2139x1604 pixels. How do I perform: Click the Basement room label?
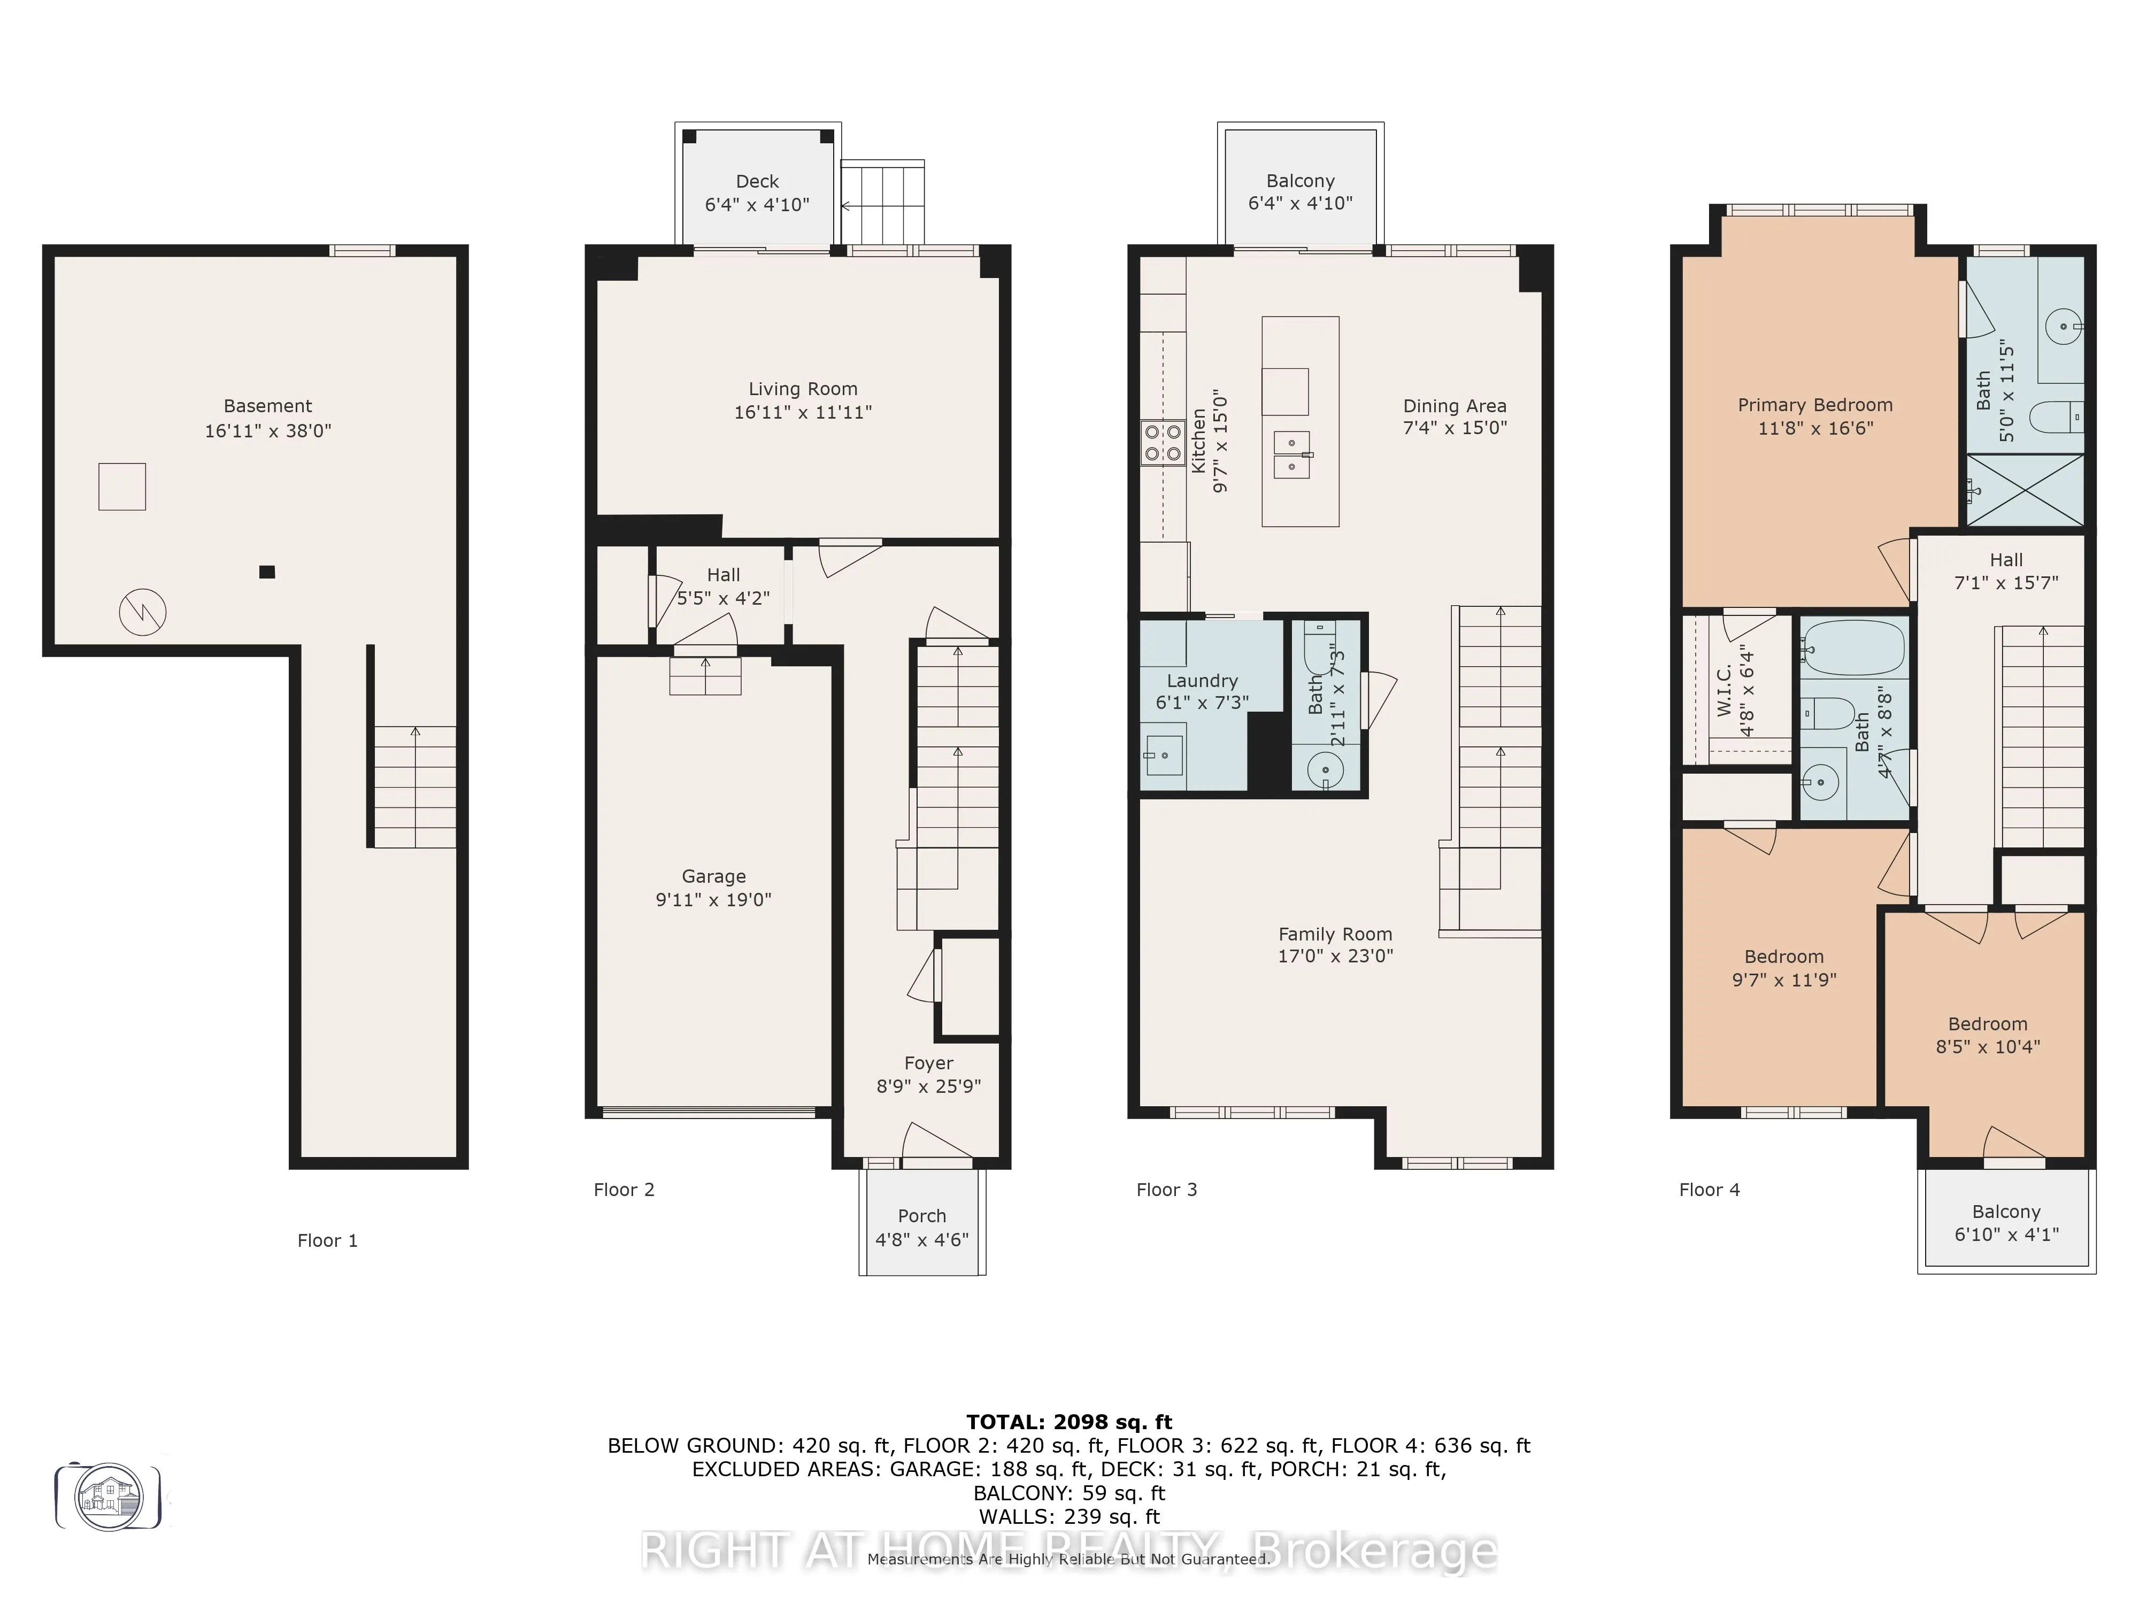point(268,406)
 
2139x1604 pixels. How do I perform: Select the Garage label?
point(714,876)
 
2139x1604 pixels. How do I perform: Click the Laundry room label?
point(1202,681)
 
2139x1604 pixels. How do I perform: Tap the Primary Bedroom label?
point(1815,405)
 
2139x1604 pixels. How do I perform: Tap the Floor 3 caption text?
point(1166,1190)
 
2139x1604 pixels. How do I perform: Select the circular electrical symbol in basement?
point(142,612)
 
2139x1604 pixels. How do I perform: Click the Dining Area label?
point(1455,406)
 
